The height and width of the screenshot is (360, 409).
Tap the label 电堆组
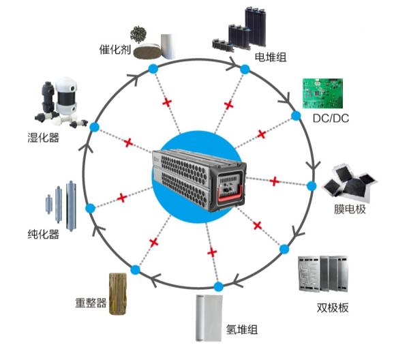[x=269, y=57]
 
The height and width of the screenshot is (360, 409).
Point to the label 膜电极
[x=352, y=209]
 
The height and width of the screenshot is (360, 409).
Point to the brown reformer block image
[x=119, y=292]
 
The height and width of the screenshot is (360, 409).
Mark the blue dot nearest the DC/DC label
[x=296, y=116]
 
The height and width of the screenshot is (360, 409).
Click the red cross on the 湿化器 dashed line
[x=127, y=142]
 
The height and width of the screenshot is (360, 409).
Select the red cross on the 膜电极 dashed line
[x=274, y=181]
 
